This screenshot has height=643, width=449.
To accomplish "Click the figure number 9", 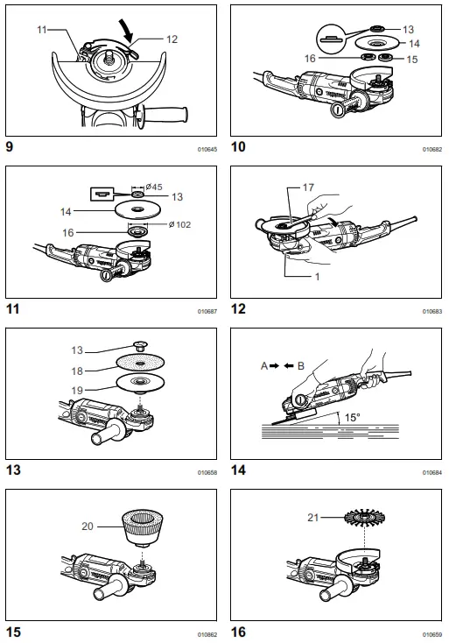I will (11, 147).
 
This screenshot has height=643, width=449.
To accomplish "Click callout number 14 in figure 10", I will (414, 43).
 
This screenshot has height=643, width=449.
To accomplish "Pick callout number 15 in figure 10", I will (413, 59).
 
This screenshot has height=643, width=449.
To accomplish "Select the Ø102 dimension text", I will (180, 224).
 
